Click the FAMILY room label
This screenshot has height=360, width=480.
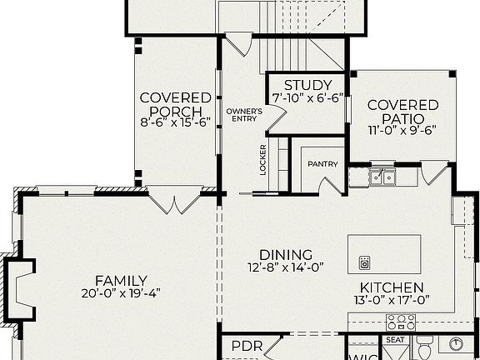(x=121, y=281)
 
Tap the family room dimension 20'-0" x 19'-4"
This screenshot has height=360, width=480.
(x=121, y=293)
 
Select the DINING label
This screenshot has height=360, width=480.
(x=286, y=255)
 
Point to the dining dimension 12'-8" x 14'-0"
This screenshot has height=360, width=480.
(x=286, y=267)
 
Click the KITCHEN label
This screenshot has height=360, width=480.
(x=392, y=287)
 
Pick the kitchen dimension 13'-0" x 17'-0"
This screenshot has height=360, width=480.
(x=392, y=300)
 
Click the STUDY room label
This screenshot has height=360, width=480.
(x=307, y=85)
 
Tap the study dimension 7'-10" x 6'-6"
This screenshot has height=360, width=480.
(x=307, y=97)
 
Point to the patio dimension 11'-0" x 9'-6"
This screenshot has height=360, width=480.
(x=403, y=131)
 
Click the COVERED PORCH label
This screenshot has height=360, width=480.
(x=170, y=105)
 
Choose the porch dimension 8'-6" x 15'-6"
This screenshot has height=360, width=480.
(x=170, y=121)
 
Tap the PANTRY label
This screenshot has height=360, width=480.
(x=322, y=164)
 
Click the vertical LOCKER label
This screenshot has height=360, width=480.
(x=263, y=159)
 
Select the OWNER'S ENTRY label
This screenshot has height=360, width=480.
(x=244, y=114)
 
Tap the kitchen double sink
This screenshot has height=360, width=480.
(x=383, y=176)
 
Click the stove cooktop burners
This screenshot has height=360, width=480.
(x=400, y=322)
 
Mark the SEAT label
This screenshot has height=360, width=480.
(x=394, y=340)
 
